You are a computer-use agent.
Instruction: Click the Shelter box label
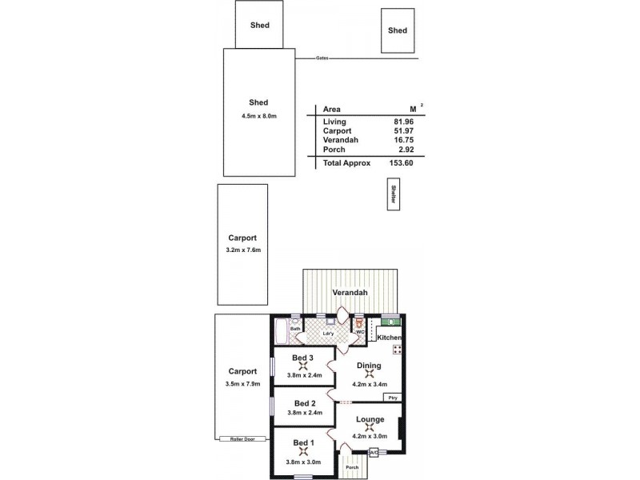pos(393,194)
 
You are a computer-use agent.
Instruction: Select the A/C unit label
pos(374,453)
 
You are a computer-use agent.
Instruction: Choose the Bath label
pos(294,328)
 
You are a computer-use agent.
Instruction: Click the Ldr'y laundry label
pos(328,334)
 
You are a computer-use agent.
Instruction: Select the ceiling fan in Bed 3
pos(302,367)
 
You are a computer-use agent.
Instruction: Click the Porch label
pos(350,467)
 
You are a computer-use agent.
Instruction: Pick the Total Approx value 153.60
pos(411,162)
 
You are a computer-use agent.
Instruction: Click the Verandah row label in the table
pos(341,140)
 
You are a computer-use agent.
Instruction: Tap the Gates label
pos(322,58)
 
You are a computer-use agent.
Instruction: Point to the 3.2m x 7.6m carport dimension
pos(244,250)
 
